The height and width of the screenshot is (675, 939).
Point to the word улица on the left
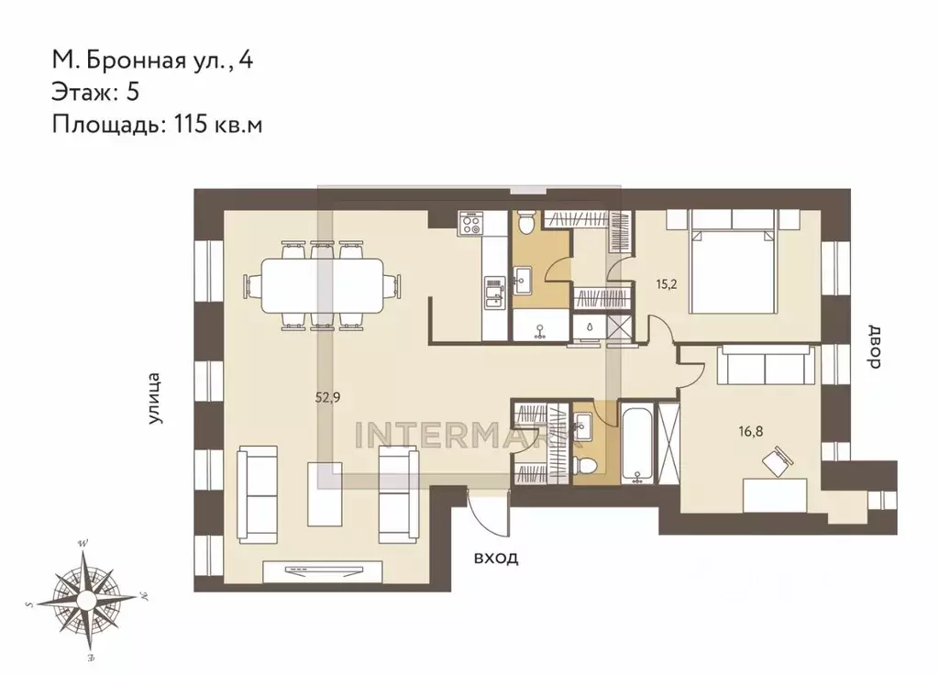155,398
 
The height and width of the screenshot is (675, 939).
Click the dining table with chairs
321,285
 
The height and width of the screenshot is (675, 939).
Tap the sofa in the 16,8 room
767,366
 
